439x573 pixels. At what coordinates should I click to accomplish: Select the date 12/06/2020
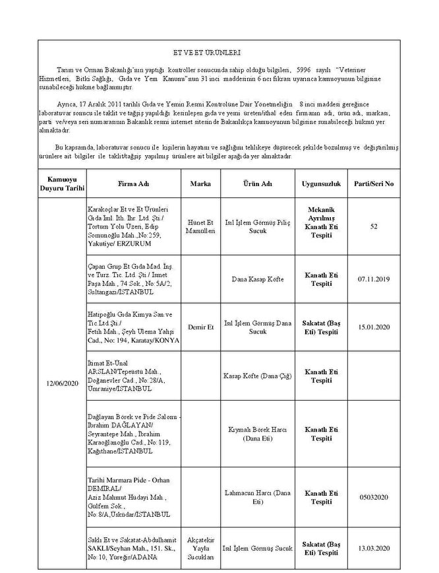click(x=63, y=384)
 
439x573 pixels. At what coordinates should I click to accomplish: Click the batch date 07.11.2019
click(x=374, y=279)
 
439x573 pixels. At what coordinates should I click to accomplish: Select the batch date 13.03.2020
click(x=374, y=548)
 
